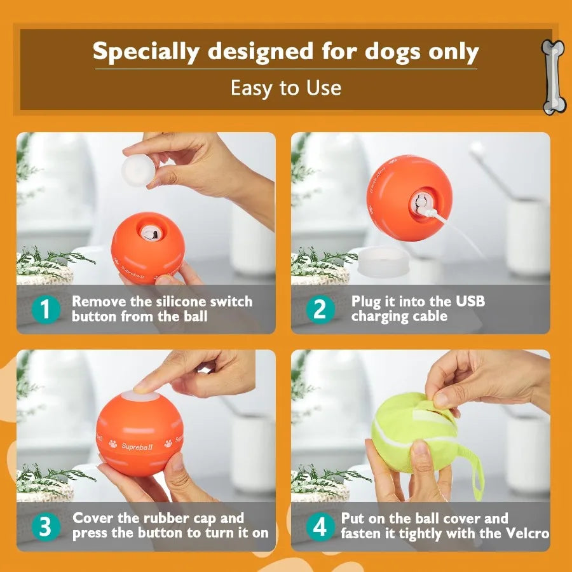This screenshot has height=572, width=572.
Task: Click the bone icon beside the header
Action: pyautogui.click(x=552, y=76)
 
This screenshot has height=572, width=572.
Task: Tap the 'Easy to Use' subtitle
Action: pyautogui.click(x=285, y=88)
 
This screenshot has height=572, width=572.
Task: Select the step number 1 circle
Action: pyautogui.click(x=46, y=310)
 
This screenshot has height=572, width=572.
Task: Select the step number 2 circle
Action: pyautogui.click(x=320, y=310)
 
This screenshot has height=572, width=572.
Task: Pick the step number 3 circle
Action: pyautogui.click(x=46, y=527)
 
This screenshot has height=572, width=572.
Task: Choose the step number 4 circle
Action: pyautogui.click(x=320, y=527)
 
